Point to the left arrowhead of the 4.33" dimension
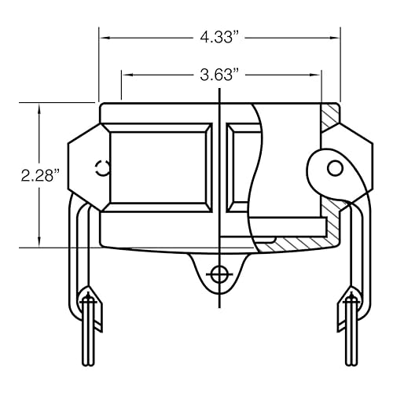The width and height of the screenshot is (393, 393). pyautogui.click(x=103, y=36)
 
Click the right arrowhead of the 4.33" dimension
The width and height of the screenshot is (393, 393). pyautogui.click(x=336, y=36)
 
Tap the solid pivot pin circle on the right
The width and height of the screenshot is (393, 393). pyautogui.click(x=334, y=167)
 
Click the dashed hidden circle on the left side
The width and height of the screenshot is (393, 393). pyautogui.click(x=101, y=167)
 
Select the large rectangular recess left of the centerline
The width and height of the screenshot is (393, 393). pyautogui.click(x=160, y=165)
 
